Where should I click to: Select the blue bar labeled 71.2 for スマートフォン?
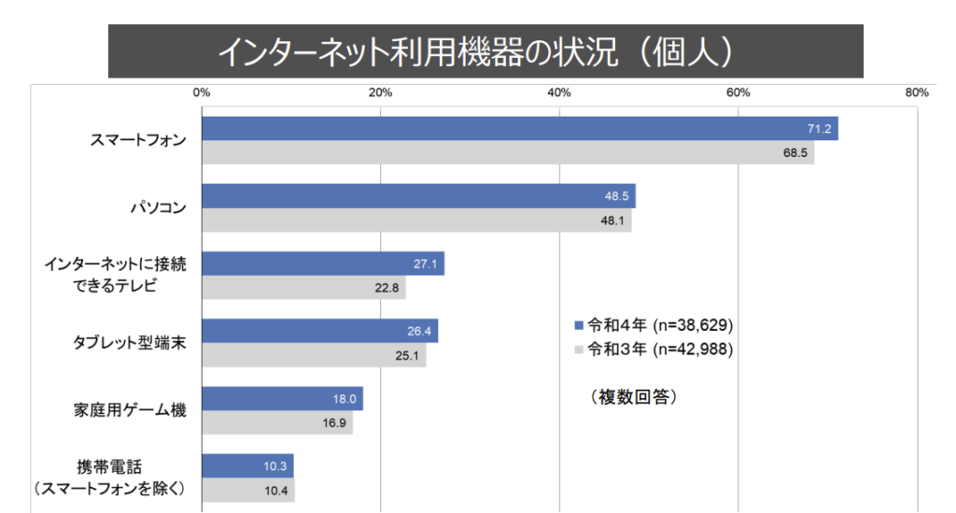(x=519, y=129)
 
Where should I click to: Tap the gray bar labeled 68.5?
(x=507, y=152)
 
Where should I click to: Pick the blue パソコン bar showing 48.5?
(x=418, y=196)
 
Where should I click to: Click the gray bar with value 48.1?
(x=416, y=221)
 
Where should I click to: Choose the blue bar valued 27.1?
(x=322, y=264)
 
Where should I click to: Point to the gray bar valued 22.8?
(x=303, y=288)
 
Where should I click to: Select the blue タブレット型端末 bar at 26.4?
(x=319, y=331)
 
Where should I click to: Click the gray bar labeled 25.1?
(x=314, y=355)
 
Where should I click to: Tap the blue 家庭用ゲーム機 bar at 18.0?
(x=282, y=399)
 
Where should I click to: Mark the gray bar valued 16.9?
(x=276, y=422)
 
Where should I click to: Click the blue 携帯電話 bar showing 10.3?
(x=247, y=465)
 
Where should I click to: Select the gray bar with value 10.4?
(x=247, y=490)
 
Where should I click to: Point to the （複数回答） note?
(x=633, y=397)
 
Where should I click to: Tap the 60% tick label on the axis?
(x=738, y=93)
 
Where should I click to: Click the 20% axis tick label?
(x=380, y=93)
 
